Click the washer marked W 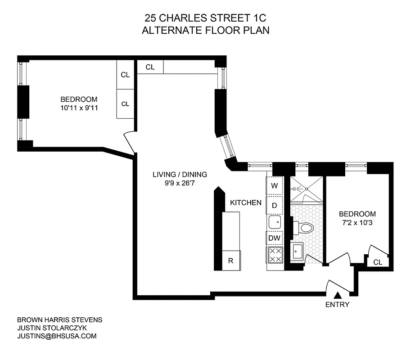[274, 185]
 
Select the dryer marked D [274, 205]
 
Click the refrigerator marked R [231, 261]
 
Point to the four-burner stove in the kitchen [275, 255]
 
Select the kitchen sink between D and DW [274, 222]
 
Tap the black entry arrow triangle [337, 295]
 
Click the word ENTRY [337, 305]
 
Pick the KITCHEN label [246, 202]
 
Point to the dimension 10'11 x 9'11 [79, 108]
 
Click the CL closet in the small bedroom [378, 262]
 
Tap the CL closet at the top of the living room [150, 67]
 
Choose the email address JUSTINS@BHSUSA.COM [57, 336]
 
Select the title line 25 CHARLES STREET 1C [205, 19]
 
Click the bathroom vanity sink [298, 251]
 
